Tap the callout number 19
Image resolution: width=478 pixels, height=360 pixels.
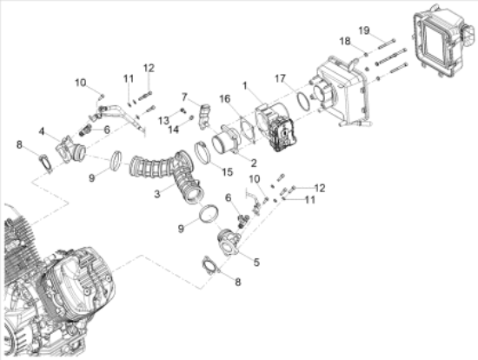pyautogui.click(x=364, y=30)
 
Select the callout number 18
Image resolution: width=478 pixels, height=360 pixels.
pyautogui.click(x=345, y=41)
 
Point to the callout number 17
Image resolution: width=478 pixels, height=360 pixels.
pyautogui.click(x=280, y=78)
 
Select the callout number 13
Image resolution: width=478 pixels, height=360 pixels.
pyautogui.click(x=163, y=118)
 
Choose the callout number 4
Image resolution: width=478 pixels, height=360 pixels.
pyautogui.click(x=42, y=131)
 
